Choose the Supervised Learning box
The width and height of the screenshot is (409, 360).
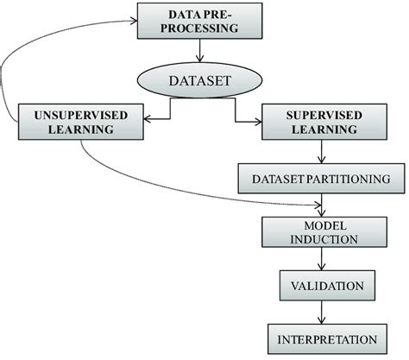[322, 122]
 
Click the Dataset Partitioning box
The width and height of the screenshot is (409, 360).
[321, 178]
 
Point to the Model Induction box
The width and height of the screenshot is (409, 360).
[321, 231]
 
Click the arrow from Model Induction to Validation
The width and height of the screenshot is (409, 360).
[322, 257]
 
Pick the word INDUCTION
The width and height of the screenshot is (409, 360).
[321, 238]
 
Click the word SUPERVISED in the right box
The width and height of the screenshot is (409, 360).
[322, 114]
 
